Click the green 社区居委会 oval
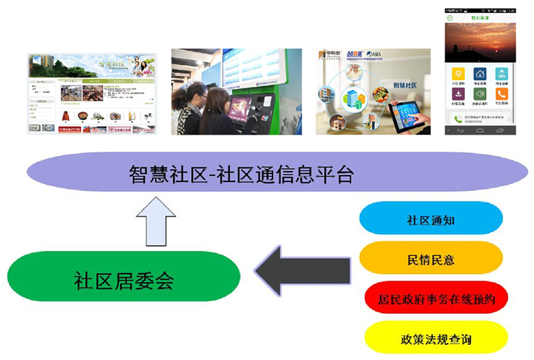[x=123, y=280]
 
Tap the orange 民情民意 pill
[x=431, y=259]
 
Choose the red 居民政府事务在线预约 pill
[x=435, y=299]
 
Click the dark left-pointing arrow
[x=301, y=270]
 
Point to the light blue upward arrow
[x=157, y=220]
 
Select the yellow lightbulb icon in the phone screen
[x=458, y=73]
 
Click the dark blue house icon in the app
[x=480, y=73]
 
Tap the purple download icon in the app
[x=458, y=94]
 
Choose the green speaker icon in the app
[x=480, y=94]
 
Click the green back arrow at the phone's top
[x=450, y=18]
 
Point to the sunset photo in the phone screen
[x=479, y=42]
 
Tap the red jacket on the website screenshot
[x=66, y=116]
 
